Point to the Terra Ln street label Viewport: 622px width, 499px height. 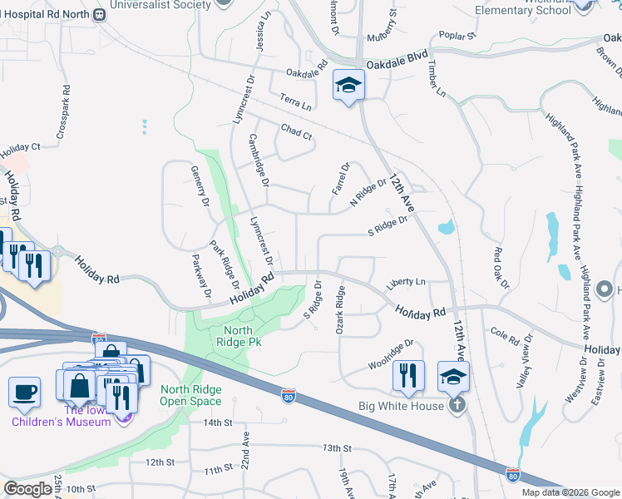(x=295, y=102)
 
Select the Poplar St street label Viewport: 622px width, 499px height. (x=457, y=36)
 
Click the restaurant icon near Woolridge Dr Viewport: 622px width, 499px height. (x=408, y=375)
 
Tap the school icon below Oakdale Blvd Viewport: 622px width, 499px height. (x=349, y=84)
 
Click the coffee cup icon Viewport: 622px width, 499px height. (x=24, y=391)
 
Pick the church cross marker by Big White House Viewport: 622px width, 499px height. (x=456, y=405)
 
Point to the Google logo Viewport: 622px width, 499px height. (x=28, y=489)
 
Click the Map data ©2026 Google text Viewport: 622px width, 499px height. (x=569, y=492)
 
